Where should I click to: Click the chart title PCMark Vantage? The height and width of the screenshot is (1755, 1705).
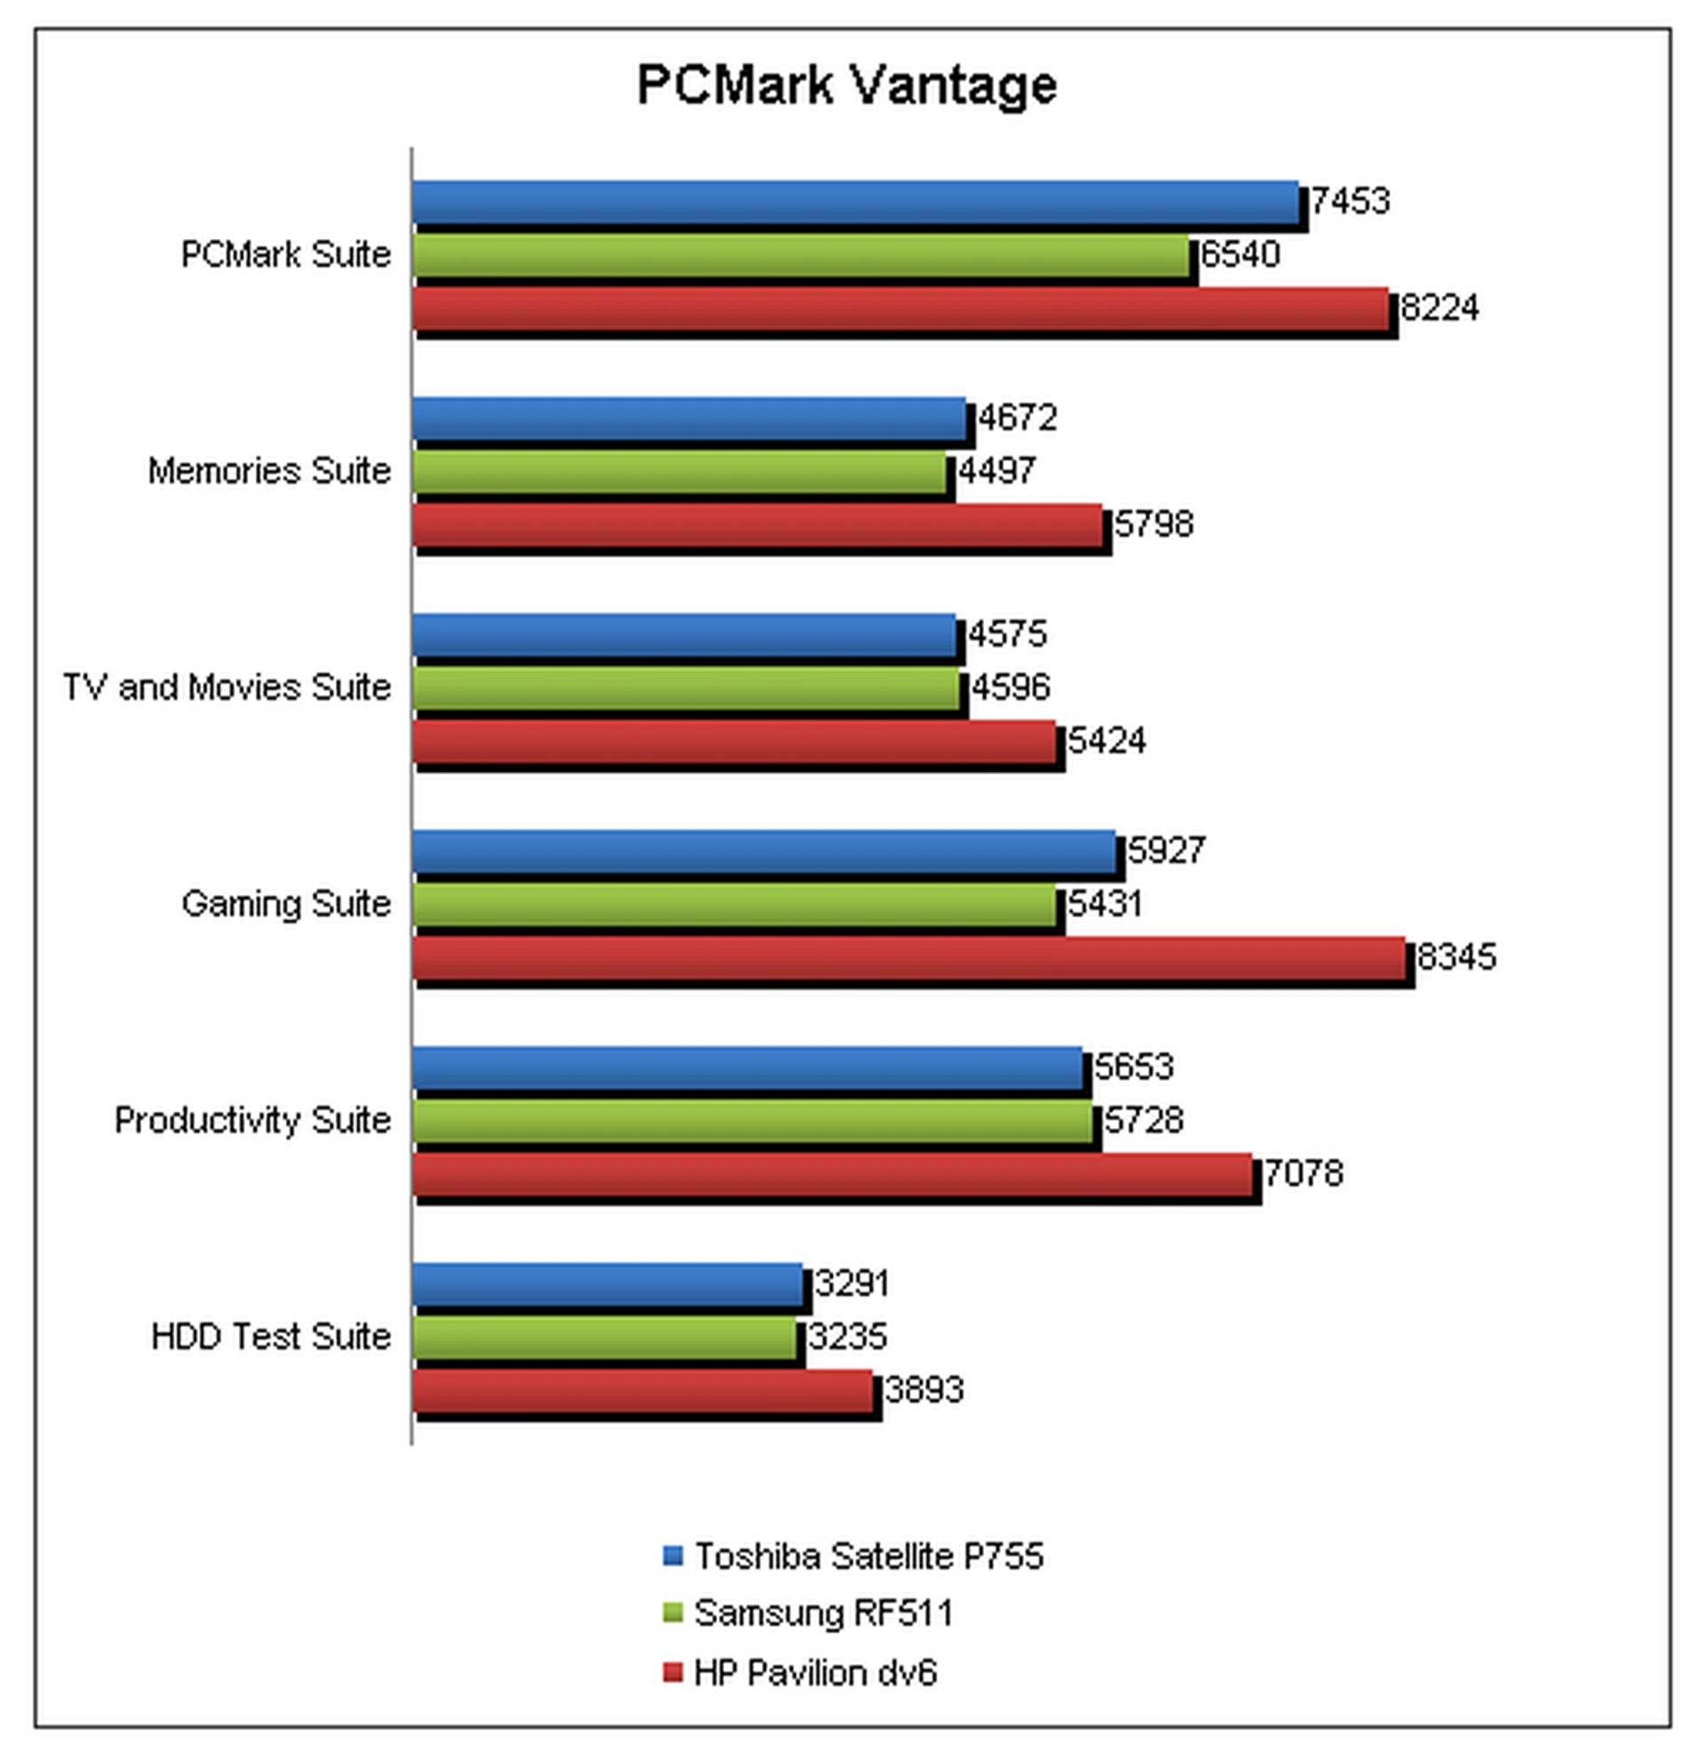click(846, 86)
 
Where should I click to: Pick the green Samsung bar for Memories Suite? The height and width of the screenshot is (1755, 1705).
click(679, 472)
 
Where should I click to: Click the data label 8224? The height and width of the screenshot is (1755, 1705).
click(1439, 308)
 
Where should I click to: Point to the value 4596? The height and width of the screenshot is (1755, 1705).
click(1010, 687)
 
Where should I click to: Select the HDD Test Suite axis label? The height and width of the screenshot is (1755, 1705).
click(271, 1337)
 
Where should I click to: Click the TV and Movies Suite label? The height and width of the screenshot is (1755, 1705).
click(226, 687)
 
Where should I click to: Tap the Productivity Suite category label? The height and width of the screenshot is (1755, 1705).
click(252, 1120)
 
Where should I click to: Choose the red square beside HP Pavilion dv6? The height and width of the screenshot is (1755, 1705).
click(672, 1672)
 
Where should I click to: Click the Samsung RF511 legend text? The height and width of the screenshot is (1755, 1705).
click(823, 1613)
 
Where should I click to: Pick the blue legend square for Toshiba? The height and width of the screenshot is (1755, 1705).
click(672, 1555)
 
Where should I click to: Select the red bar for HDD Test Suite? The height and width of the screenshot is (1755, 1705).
click(643, 1391)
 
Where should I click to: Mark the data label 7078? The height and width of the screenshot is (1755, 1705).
click(1303, 1173)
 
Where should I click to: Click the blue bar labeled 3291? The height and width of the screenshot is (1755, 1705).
click(608, 1284)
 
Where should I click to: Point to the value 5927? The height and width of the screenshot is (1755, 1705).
click(1166, 850)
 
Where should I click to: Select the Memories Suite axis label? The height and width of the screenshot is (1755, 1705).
click(269, 471)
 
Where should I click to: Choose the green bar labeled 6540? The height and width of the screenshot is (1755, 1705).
click(801, 255)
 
